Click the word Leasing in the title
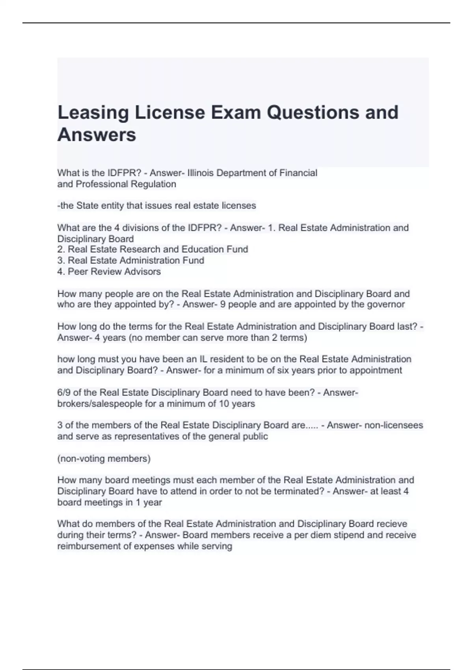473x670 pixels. (x=93, y=113)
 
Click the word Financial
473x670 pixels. (x=298, y=173)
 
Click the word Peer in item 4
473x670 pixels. (x=78, y=272)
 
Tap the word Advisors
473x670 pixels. (x=142, y=272)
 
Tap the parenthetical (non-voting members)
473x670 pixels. (x=104, y=459)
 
